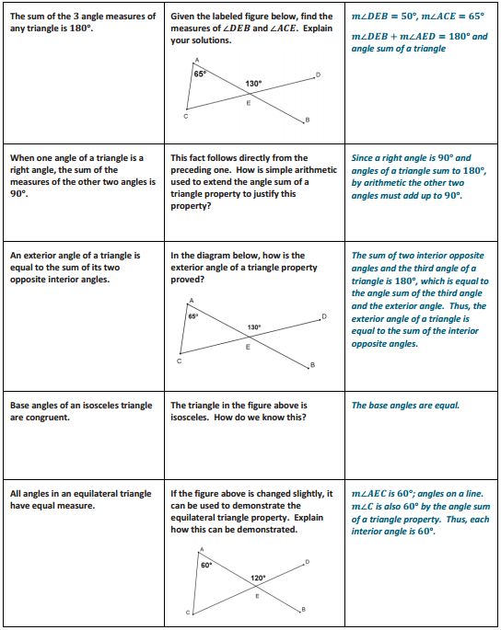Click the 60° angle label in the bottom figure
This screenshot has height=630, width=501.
[206, 565]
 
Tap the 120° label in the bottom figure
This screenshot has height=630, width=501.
[259, 578]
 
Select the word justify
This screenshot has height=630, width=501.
[262, 194]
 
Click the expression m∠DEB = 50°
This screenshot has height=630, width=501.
[384, 17]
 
